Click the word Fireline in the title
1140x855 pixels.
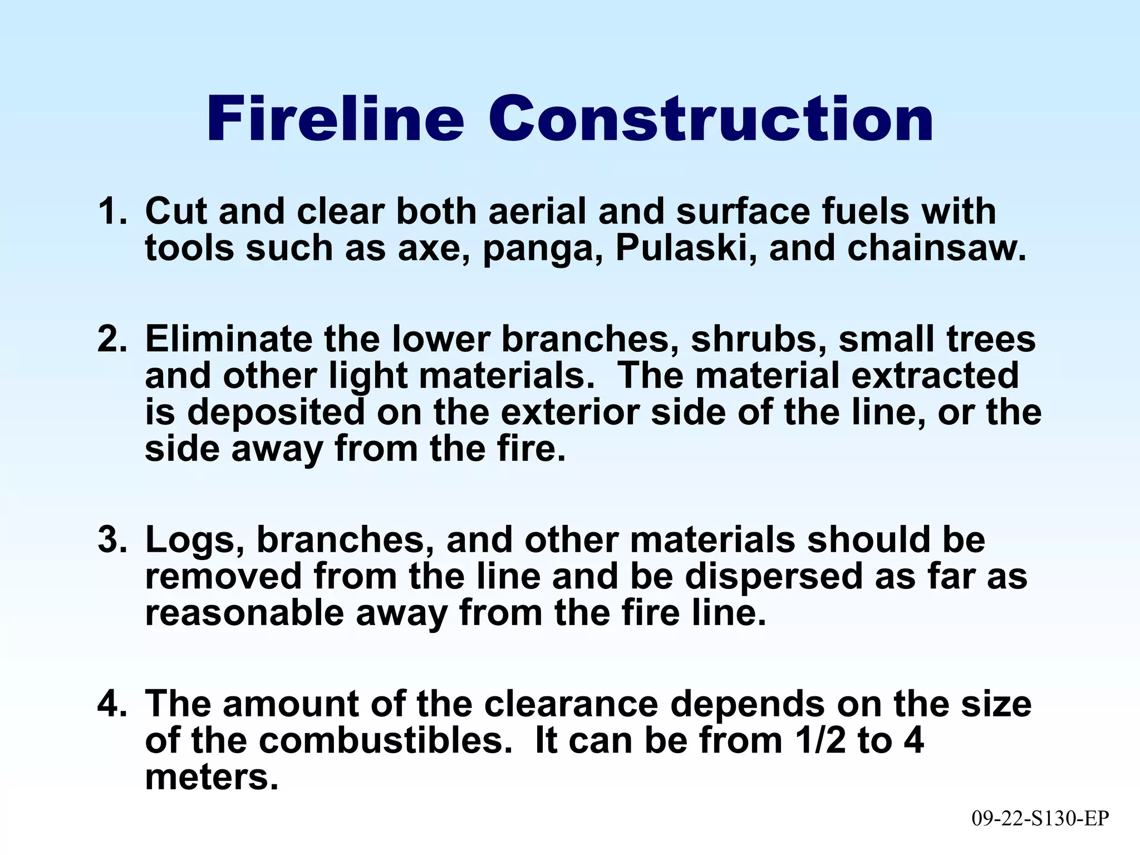click(x=335, y=119)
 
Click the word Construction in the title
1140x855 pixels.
click(x=710, y=119)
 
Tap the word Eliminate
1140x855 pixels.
click(x=228, y=339)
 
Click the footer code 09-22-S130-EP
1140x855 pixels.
click(x=1040, y=818)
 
